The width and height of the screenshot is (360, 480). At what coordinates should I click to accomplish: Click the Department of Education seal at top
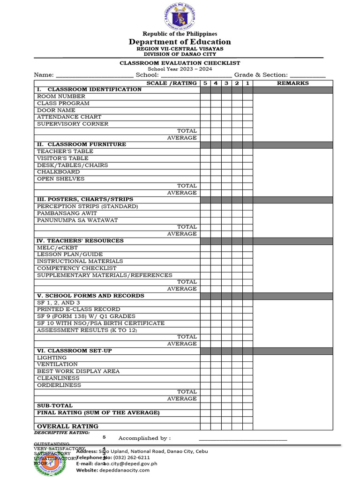(x=180, y=16)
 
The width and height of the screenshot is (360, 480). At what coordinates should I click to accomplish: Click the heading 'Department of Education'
(x=180, y=42)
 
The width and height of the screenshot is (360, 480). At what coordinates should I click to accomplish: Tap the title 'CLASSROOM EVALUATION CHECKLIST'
(x=180, y=63)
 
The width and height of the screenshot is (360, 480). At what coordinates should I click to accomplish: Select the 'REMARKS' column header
(x=293, y=83)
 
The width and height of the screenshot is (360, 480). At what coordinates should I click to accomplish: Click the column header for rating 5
(x=205, y=83)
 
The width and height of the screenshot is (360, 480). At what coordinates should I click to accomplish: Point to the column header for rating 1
(x=247, y=83)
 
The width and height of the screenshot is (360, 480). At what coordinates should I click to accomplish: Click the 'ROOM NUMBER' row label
(x=61, y=97)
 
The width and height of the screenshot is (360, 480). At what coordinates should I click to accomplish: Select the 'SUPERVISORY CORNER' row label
(x=73, y=124)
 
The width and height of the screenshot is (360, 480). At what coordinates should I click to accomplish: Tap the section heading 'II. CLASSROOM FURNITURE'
(x=82, y=144)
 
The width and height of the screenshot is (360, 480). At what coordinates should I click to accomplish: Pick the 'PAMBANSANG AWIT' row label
(x=67, y=213)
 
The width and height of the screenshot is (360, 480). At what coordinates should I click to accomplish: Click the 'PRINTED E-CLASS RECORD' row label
(x=78, y=309)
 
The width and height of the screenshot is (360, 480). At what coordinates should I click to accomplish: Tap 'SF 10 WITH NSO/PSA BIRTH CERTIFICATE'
(x=101, y=323)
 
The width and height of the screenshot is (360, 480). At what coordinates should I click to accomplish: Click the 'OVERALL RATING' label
(x=67, y=427)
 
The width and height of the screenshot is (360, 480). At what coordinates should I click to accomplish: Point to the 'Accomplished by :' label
(x=144, y=438)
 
